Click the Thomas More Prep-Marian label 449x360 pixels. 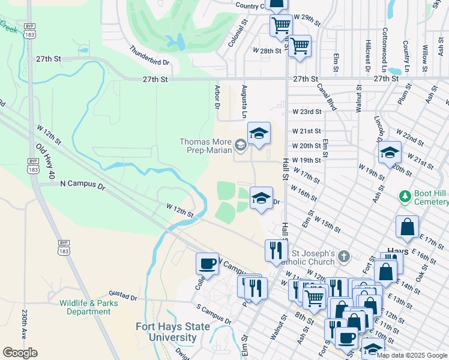click(205, 146)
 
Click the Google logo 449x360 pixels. click(20, 353)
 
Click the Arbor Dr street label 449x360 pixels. click(217, 96)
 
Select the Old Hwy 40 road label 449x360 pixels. click(45, 161)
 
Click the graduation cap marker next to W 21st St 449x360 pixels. click(259, 134)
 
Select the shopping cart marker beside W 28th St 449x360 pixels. click(299, 45)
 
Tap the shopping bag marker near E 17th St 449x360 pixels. click(407, 228)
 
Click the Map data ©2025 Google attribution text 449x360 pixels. click(412, 355)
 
